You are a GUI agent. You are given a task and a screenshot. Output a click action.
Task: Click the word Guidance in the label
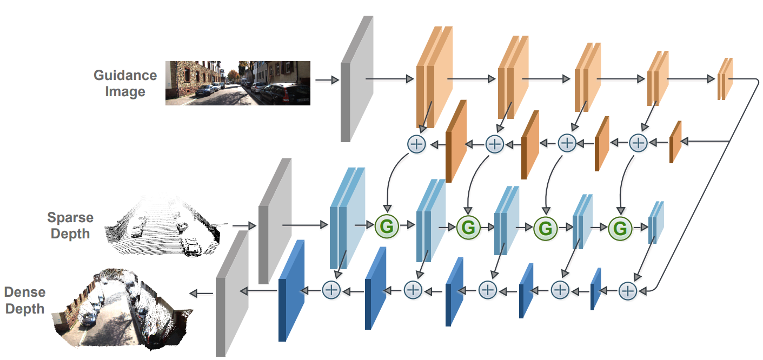(125, 75)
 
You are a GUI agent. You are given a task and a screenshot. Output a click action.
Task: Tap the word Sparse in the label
(70, 218)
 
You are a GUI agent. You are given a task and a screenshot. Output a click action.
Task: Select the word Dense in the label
(25, 292)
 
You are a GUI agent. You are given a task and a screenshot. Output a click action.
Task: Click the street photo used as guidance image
(237, 82)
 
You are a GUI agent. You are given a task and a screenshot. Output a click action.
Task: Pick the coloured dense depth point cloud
(121, 305)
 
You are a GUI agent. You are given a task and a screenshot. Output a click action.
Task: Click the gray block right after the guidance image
(356, 79)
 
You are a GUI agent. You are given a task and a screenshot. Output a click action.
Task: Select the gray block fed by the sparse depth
(274, 222)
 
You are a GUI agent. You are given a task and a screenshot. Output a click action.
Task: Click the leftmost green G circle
(387, 227)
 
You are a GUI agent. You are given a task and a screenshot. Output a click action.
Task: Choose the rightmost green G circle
(620, 229)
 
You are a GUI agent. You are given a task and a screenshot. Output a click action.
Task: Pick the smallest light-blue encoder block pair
(655, 223)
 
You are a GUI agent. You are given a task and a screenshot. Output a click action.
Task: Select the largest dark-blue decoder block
(290, 291)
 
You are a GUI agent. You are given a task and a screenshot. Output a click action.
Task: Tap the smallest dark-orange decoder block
(675, 142)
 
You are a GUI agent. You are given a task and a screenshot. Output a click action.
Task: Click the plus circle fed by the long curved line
(627, 291)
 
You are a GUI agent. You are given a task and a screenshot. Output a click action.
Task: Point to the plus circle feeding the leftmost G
(416, 144)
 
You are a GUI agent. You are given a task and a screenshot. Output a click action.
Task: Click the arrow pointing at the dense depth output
(201, 293)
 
